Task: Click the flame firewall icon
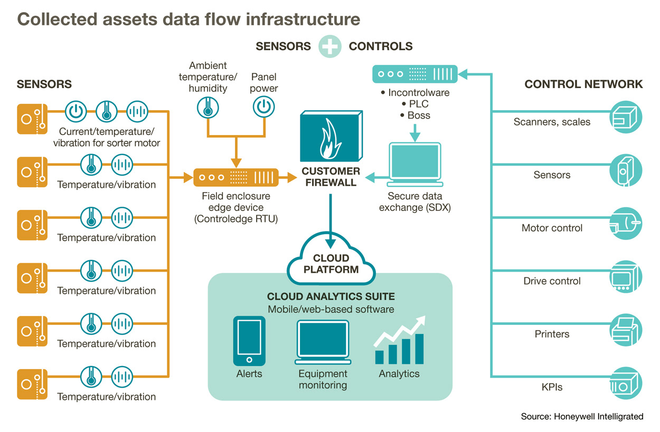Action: tap(331, 136)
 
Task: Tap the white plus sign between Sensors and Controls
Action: tap(330, 46)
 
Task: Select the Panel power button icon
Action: tap(262, 107)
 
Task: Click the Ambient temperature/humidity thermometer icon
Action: tap(208, 107)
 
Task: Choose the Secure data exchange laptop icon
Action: tap(414, 164)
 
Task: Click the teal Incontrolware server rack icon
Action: tap(415, 74)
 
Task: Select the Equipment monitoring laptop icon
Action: tap(323, 342)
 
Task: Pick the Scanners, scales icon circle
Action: tap(627, 117)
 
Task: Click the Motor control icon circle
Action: tap(627, 223)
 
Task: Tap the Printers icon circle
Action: tap(627, 329)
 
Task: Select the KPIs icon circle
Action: tap(627, 382)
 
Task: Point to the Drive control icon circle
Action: tap(627, 276)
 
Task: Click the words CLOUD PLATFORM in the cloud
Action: tap(331, 264)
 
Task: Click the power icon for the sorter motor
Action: tap(76, 111)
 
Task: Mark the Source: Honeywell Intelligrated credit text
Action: tap(582, 417)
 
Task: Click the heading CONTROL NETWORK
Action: tap(583, 84)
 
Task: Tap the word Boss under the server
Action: tap(419, 115)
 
